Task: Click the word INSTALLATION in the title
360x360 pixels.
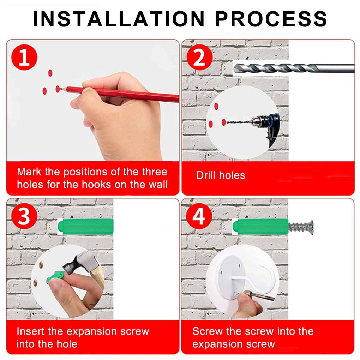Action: pos(119,19)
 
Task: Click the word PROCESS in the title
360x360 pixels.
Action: pos(271,19)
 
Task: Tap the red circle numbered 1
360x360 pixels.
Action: pos(24,57)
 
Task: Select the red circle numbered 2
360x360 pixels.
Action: pos(199,57)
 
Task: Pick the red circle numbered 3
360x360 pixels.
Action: pos(24,216)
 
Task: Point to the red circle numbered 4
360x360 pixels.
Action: pos(199,216)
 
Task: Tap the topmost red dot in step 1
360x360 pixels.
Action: pos(50,73)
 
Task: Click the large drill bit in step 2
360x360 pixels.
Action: pos(294,68)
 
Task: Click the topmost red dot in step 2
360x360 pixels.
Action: pos(216,106)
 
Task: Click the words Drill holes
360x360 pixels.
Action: pos(221,175)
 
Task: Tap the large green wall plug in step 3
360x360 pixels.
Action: pos(85,227)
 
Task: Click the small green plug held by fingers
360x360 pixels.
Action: pos(55,277)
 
